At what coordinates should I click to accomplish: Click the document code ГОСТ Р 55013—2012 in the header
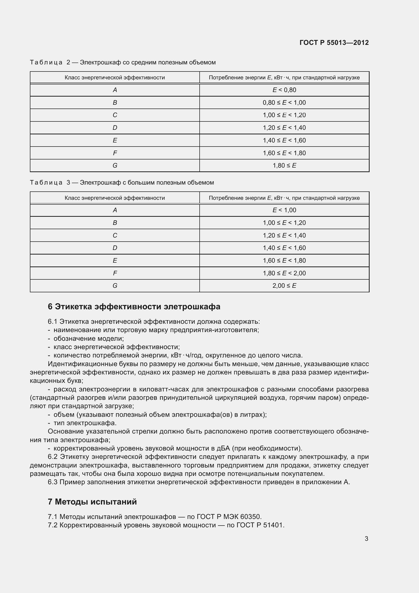click(x=334, y=43)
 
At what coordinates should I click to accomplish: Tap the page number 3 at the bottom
click(x=366, y=538)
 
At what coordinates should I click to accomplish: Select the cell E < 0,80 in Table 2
click(x=284, y=90)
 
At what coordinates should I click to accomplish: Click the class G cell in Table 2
click(x=115, y=165)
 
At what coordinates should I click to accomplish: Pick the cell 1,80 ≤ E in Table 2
click(x=284, y=165)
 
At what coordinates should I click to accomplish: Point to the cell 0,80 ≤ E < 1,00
click(x=284, y=102)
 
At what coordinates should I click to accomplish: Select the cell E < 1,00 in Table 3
click(x=284, y=210)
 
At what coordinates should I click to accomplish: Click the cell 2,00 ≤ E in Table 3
click(x=284, y=285)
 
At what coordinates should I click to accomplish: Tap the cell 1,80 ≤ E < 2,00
click(x=284, y=273)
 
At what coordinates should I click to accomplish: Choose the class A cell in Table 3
click(x=115, y=210)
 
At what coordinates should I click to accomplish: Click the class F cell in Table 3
click(x=115, y=273)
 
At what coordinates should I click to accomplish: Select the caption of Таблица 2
click(x=123, y=62)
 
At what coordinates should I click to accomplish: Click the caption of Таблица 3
click(x=122, y=183)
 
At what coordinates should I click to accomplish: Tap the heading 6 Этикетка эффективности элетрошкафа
click(x=134, y=307)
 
